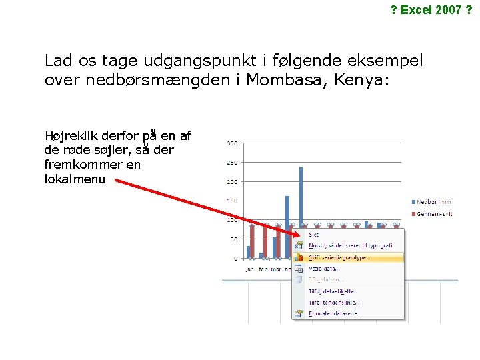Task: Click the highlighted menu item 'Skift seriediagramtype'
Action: (340, 257)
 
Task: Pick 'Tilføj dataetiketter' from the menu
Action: (332, 291)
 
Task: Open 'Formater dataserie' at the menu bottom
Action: (335, 313)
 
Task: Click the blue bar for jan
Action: (249, 252)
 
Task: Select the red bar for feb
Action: (265, 241)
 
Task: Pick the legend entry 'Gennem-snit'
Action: (435, 213)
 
